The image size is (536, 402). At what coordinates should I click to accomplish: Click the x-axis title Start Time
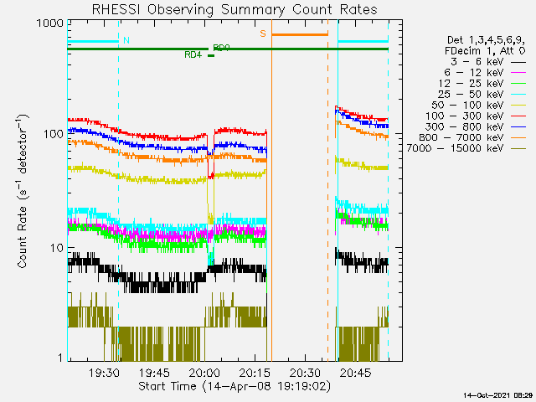[x=234, y=387]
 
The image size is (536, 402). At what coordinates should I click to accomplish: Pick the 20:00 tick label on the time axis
[x=204, y=373]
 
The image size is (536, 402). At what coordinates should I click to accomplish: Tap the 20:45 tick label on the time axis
[x=355, y=373]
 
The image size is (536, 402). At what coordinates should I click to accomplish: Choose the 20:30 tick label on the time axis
[x=305, y=373]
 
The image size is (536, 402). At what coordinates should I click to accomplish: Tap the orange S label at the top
[x=263, y=33]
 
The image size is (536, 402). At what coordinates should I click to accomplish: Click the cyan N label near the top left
[x=126, y=40]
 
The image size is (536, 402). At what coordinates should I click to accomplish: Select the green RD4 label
[x=193, y=55]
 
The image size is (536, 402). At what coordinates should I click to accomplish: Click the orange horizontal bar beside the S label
[x=299, y=34]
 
